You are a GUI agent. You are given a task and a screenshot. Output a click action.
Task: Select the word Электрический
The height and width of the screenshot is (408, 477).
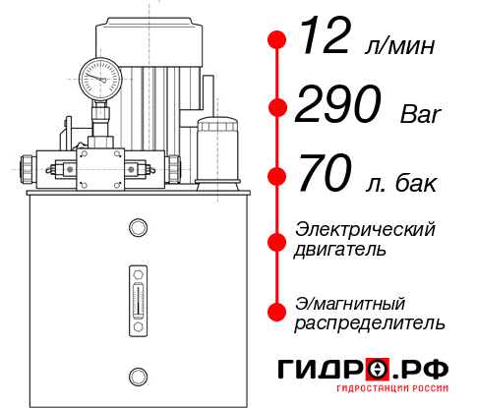pos(365,229)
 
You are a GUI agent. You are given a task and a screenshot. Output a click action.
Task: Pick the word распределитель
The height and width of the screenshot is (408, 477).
pos(370,321)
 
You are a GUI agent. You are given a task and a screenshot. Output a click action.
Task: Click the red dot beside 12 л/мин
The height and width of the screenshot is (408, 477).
pos(277,39)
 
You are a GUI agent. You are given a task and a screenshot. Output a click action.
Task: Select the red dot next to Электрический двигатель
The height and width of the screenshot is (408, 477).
pos(277,240)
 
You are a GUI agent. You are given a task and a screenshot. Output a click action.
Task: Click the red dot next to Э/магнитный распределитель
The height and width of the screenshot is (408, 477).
pos(277,312)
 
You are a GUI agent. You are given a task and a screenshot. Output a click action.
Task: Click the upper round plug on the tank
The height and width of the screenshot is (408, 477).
pos(137,229)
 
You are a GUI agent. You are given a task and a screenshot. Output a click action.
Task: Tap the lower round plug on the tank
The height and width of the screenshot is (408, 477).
pos(137,374)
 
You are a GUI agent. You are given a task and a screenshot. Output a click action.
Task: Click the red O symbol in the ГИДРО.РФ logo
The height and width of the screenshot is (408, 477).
pos(377,370)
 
